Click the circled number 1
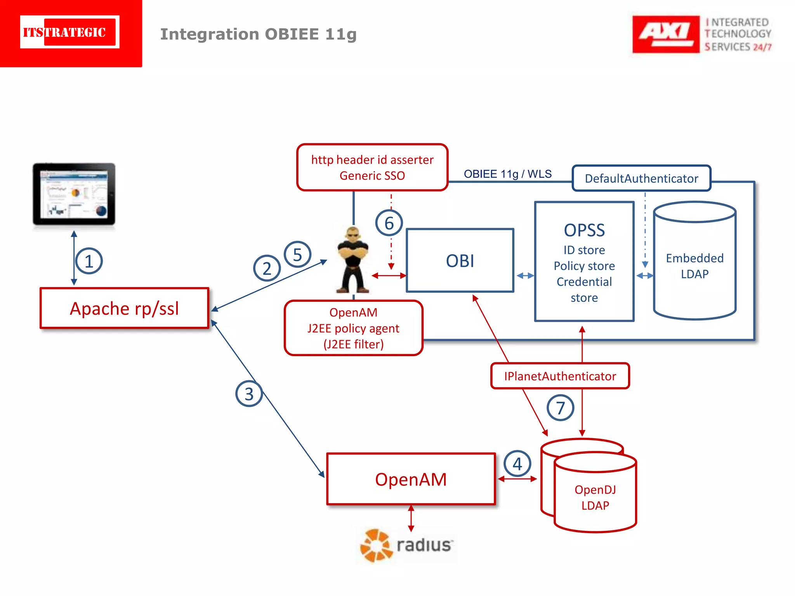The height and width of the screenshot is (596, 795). pos(89,261)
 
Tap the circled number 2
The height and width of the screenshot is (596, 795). pos(267,268)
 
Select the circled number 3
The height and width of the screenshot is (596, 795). pos(249,394)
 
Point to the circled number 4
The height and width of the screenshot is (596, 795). pos(517,464)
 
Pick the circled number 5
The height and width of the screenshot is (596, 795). pos(297,255)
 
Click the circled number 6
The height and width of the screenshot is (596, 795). pos(389,223)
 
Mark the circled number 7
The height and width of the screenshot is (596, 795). pos(560,408)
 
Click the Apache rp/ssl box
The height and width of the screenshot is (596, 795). pos(124,308)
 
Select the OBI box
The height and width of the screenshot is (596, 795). pos(460,261)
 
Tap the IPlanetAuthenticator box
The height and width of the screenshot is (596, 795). pos(560,376)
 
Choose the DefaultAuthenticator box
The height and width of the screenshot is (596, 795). pos(641,178)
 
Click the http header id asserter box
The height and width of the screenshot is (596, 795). pos(372,167)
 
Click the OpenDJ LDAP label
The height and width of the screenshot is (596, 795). pos(595,497)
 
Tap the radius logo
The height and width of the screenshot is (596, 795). pos(406,545)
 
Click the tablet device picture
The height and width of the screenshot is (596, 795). pos(74,194)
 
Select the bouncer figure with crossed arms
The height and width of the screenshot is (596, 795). pos(352,260)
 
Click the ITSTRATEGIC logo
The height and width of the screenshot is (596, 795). pos(70,32)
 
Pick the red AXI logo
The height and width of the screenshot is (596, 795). pos(665,34)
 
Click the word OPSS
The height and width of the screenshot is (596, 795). pos(584,230)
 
